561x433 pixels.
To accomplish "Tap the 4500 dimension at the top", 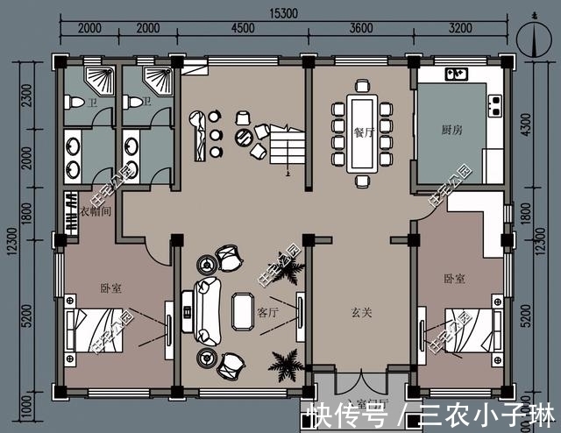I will point(242,30).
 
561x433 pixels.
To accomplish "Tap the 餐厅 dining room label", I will point(364,132).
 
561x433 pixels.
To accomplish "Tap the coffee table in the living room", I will point(241,311).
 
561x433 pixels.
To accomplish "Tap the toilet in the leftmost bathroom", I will point(76,104).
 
